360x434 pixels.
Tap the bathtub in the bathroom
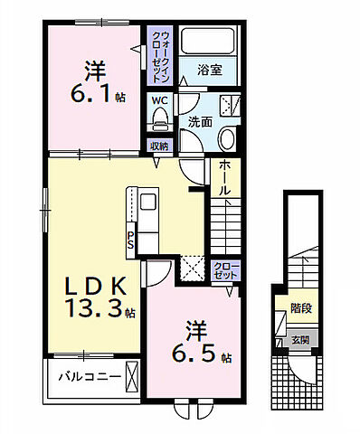206,41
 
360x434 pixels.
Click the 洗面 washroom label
199,120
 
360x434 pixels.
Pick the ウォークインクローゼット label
159,54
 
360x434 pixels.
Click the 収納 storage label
158,144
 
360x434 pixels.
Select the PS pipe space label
131,239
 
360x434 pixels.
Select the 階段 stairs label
300,309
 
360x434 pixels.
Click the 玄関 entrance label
299,341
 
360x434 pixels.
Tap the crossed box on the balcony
133,375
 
